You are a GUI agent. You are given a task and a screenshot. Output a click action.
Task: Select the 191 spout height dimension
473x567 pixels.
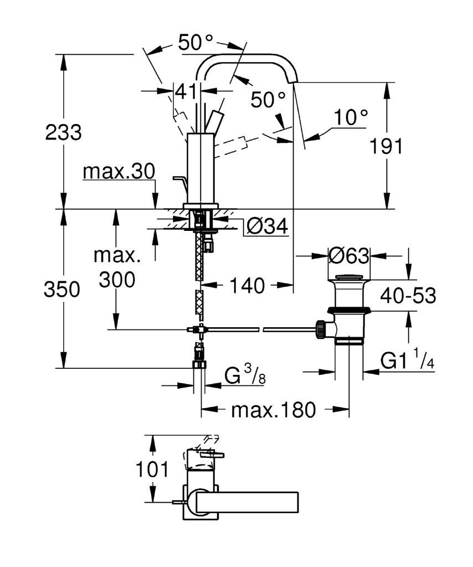(x=386, y=146)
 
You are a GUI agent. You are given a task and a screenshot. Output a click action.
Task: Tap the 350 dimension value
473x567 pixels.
(x=62, y=289)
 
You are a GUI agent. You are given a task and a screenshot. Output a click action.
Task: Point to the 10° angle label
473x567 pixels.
(x=351, y=117)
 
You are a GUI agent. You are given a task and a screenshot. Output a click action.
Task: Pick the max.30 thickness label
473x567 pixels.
(x=119, y=172)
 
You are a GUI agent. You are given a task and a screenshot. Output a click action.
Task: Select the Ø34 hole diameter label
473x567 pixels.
(x=267, y=226)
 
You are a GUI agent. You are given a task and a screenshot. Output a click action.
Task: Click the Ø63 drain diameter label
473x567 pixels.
(x=349, y=256)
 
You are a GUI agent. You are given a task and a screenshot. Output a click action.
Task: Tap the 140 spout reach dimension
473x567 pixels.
(x=248, y=285)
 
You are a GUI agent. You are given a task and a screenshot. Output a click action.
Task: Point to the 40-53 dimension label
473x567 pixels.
(x=408, y=296)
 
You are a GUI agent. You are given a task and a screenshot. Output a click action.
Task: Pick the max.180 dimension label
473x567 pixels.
(x=274, y=410)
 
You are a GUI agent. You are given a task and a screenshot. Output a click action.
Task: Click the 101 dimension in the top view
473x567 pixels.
(x=152, y=470)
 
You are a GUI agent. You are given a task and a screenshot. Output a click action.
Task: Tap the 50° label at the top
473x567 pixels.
(x=196, y=42)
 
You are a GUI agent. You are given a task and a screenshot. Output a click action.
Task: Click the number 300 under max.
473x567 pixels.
(x=117, y=280)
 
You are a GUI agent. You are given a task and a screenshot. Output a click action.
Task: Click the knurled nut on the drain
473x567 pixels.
(x=320, y=329)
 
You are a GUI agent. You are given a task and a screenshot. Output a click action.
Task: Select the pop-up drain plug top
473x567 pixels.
(x=348, y=277)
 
